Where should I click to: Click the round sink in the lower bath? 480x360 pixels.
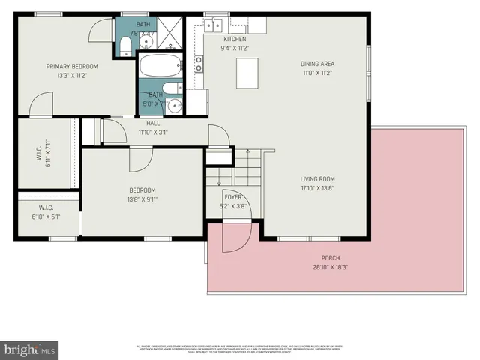pos(175,105)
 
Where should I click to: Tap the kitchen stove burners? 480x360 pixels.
pos(199,64)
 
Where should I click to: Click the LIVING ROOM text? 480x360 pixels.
pos(317,179)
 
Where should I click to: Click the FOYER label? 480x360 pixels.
pos(233,197)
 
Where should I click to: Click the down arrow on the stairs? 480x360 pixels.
pos(218,180)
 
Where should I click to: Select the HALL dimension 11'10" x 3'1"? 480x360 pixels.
pos(153,133)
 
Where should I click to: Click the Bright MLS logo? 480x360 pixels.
pos(30,349)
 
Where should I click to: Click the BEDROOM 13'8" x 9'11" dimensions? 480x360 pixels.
pos(142,199)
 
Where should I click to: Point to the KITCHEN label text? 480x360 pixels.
pos(234,39)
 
